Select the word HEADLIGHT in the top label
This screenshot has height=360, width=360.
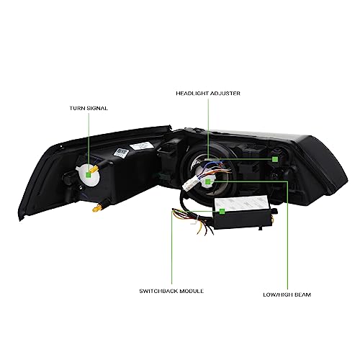[192, 94]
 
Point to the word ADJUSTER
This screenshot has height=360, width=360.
[225, 94]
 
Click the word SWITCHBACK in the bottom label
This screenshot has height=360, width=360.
[158, 291]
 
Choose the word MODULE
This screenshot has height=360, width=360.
[192, 291]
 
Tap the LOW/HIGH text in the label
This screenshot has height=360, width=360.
[278, 294]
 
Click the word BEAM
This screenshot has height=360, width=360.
[302, 294]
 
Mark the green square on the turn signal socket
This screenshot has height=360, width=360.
[89, 175]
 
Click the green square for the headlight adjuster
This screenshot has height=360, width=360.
[275, 159]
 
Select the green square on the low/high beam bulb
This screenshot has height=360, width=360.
[208, 181]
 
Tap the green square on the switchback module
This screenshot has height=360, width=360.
[222, 211]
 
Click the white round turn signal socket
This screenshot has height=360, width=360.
[88, 175]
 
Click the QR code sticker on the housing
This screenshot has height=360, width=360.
[121, 153]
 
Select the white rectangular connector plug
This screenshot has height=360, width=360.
[190, 184]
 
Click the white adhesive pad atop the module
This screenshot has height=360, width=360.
[241, 204]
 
